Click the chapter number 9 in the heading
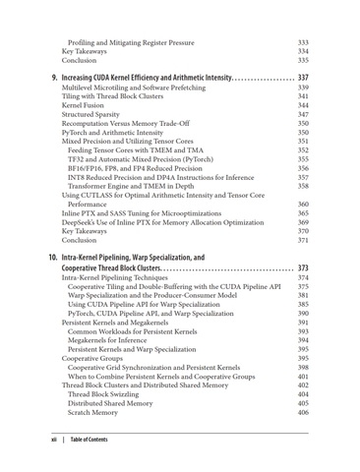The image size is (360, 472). click(53, 77)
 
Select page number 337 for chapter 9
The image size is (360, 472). click(303, 77)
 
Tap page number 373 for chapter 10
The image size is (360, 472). click(303, 268)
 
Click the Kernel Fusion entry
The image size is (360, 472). click(86, 104)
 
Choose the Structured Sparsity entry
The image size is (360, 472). click(94, 115)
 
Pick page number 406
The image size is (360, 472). click(303, 413)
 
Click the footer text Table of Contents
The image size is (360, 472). click(90, 440)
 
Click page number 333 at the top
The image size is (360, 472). click(303, 43)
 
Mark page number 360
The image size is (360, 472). click(303, 205)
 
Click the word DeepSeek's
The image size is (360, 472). click(83, 222)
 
